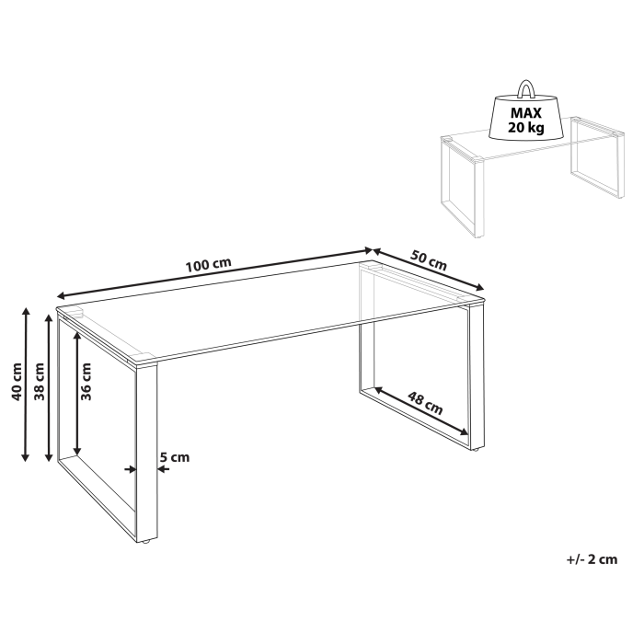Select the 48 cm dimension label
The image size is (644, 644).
pyautogui.click(x=426, y=402)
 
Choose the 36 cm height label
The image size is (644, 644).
pyautogui.click(x=86, y=380)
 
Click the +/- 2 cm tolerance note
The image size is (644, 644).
pyautogui.click(x=591, y=558)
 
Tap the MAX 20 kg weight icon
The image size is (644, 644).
pyautogui.click(x=527, y=117)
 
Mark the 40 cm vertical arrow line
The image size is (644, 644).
pyautogui.click(x=26, y=385)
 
